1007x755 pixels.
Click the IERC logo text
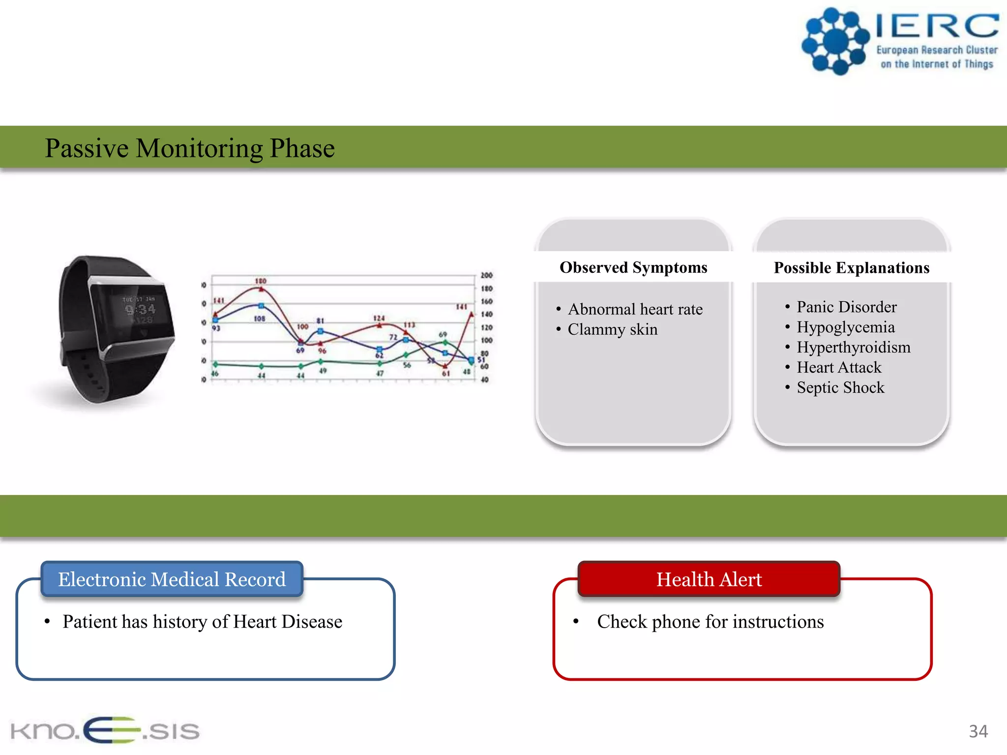point(937,27)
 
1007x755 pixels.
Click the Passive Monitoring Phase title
point(189,148)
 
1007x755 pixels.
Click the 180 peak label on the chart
point(261,281)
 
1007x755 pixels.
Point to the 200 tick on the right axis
point(486,275)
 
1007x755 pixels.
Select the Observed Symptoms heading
point(633,267)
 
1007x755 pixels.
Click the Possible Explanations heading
point(852,268)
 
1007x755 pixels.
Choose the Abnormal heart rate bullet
point(635,309)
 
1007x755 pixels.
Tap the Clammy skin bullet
point(613,329)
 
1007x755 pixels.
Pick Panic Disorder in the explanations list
point(847,307)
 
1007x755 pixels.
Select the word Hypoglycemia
point(846,327)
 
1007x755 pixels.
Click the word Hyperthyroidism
point(854,347)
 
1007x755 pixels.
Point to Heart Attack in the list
point(839,367)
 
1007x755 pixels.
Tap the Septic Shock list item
point(840,387)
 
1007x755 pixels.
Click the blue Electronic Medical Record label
point(172,579)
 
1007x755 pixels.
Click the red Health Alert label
point(709,579)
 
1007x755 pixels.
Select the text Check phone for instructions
point(710,622)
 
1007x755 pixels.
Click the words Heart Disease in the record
point(288,622)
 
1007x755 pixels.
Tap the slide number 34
point(978,731)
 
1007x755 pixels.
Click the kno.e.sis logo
point(105,730)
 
